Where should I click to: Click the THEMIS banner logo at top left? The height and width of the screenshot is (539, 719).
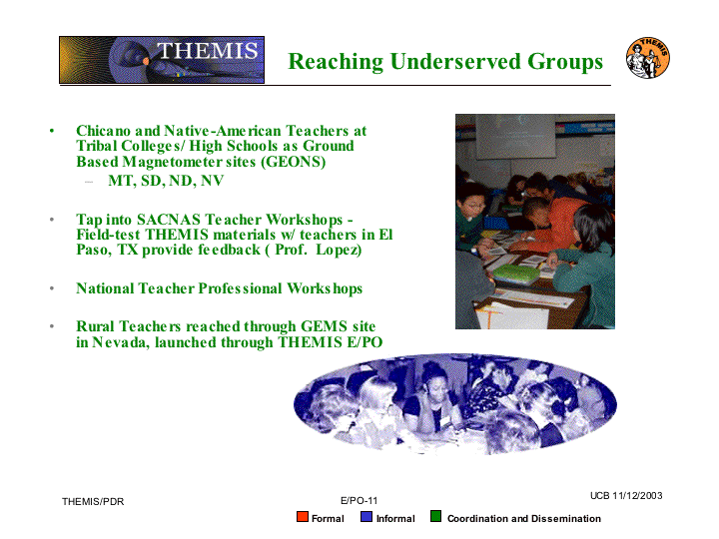pos(162,60)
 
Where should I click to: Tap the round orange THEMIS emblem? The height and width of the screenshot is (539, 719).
pos(647,58)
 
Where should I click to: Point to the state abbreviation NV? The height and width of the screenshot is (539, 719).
pos(212,181)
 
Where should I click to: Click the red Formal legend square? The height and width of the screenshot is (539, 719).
pos(303,517)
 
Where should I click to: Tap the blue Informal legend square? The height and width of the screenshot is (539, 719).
pos(366,517)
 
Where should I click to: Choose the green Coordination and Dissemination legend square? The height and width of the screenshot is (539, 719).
pos(435,517)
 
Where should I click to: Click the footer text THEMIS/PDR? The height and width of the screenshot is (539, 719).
pos(93,502)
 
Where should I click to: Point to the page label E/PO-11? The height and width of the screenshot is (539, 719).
pos(359,500)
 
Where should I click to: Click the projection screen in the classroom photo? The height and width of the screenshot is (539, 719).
pos(515,137)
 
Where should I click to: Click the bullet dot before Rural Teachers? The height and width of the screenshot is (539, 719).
pos(52,326)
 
